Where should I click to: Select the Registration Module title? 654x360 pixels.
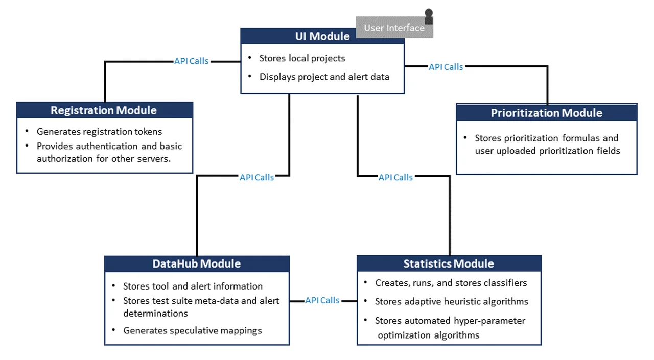point(104,110)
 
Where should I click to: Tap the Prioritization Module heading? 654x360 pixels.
point(546,113)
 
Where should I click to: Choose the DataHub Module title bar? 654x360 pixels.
point(197,263)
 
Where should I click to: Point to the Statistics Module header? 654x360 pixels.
point(449,263)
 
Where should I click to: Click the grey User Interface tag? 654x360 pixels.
point(394,28)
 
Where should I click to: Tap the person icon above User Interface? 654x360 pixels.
point(429,15)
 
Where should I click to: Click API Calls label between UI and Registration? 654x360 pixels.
point(192,61)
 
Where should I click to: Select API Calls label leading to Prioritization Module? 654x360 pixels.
point(446,67)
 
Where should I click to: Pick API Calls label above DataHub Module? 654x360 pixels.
point(257,177)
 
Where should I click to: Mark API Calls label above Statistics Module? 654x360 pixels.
point(395,177)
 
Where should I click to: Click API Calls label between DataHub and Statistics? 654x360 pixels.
point(322,300)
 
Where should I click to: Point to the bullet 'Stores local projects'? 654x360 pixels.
point(302,58)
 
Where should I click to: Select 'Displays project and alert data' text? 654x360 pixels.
point(324,77)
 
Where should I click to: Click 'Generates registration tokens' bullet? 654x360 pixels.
point(99,132)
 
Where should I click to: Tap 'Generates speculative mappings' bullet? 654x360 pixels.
point(192,330)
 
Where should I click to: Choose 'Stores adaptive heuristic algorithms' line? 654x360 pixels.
point(451,301)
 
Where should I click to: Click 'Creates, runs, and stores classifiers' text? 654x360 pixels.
point(451,283)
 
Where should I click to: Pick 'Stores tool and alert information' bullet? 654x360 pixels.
point(193,286)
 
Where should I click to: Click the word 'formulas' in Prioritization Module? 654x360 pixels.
point(580,138)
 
